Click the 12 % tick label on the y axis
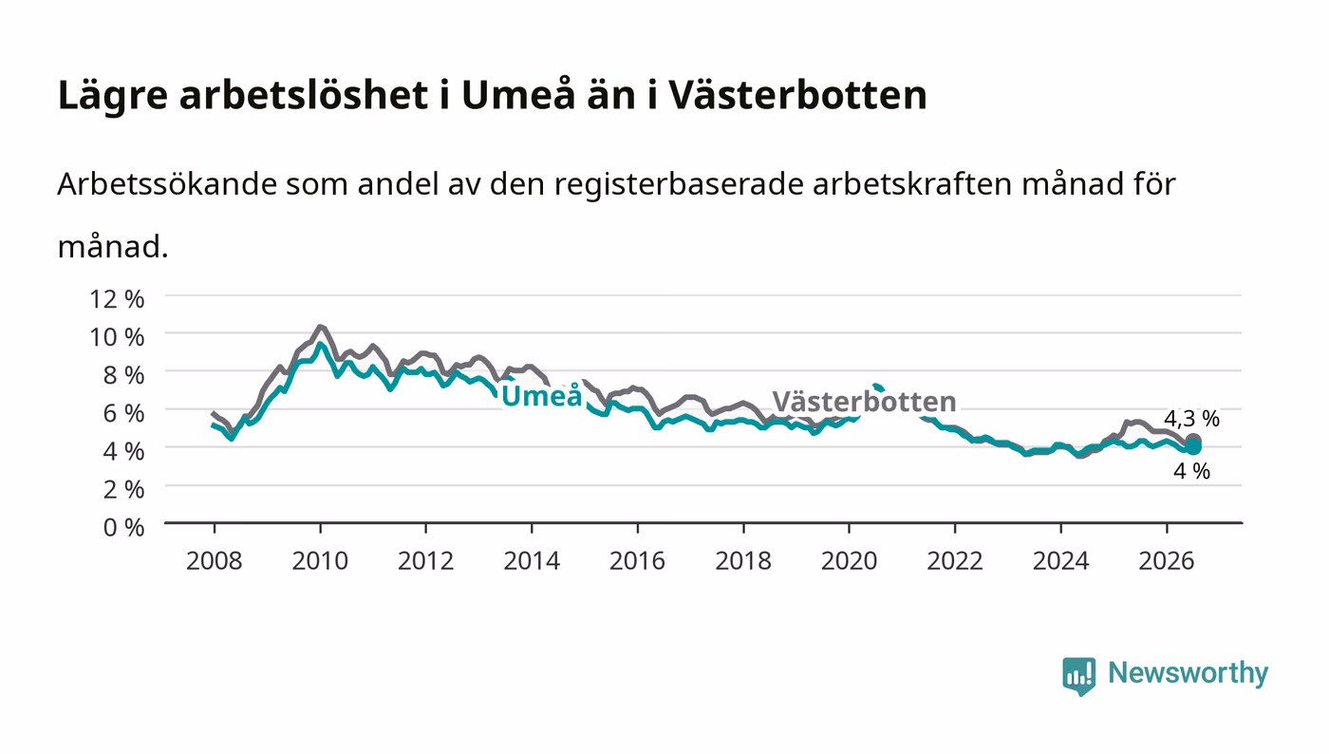click(x=117, y=299)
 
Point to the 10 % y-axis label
click(x=117, y=337)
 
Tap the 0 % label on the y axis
click(x=124, y=527)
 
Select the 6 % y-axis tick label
click(x=124, y=413)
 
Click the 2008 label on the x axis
click(x=215, y=560)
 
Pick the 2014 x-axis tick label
click(x=532, y=560)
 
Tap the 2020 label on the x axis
click(x=849, y=560)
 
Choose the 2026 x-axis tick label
click(x=1167, y=560)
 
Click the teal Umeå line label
click(x=542, y=395)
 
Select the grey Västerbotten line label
click(x=865, y=402)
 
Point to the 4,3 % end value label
click(x=1192, y=419)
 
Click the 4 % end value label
click(x=1192, y=471)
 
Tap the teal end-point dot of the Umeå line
click(x=1193, y=447)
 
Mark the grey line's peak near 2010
click(x=321, y=327)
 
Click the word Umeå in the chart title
click(x=518, y=95)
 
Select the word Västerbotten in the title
click(x=798, y=95)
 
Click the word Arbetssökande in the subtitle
click(x=167, y=184)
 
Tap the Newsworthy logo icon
click(x=1079, y=676)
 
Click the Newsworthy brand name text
click(x=1189, y=672)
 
